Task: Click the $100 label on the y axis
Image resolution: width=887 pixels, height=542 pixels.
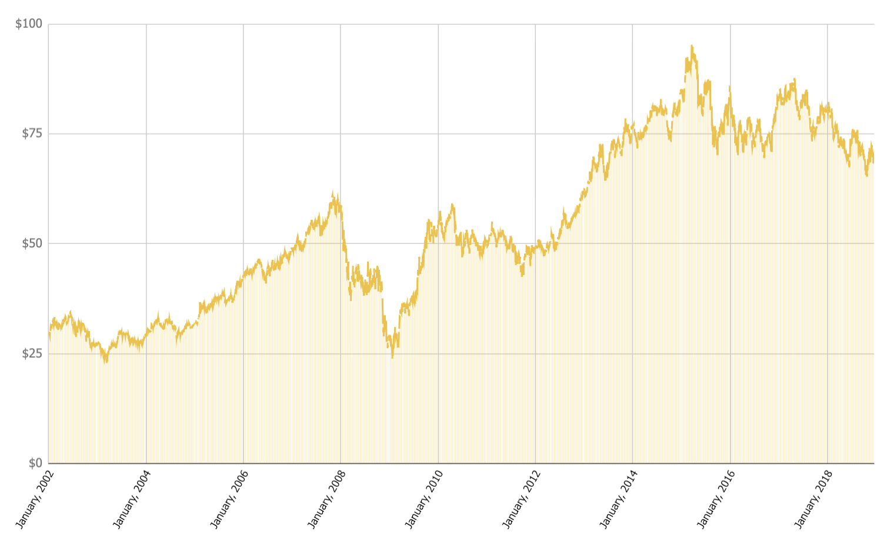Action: pos(29,24)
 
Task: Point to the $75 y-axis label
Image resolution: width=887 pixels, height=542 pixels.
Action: pos(32,133)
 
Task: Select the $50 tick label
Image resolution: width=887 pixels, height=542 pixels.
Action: pos(32,243)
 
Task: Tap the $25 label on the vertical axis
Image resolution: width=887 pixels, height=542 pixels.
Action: pos(32,353)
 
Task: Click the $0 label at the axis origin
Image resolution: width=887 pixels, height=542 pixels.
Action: pos(36,463)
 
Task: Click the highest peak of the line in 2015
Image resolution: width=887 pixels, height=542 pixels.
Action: pos(692,45)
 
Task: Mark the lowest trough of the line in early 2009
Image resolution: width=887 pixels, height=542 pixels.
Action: pos(392,357)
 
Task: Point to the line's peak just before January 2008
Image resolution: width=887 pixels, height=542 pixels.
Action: pos(333,192)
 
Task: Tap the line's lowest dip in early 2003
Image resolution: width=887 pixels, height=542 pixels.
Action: pos(106,362)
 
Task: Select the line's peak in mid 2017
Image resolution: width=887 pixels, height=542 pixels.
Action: pos(795,79)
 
